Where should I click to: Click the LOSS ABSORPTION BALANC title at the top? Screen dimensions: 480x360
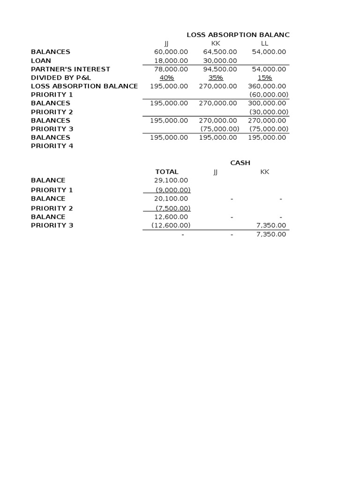point(238,35)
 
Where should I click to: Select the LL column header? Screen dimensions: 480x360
point(264,44)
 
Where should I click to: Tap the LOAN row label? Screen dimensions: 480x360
point(41,60)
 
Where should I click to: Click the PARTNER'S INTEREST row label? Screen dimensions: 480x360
point(70,69)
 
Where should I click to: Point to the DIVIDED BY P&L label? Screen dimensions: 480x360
point(61,77)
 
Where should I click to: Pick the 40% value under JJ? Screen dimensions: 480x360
point(166,77)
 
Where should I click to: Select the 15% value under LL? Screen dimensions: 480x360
point(265,77)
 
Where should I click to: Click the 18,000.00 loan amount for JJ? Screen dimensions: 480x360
point(171,60)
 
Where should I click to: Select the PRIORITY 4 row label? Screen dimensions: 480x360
point(52,146)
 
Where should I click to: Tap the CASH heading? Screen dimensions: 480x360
point(240,163)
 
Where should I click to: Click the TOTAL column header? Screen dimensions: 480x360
point(167,172)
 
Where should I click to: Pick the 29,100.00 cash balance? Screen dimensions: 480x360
point(171,180)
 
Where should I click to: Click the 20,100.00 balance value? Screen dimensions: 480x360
point(171,199)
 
